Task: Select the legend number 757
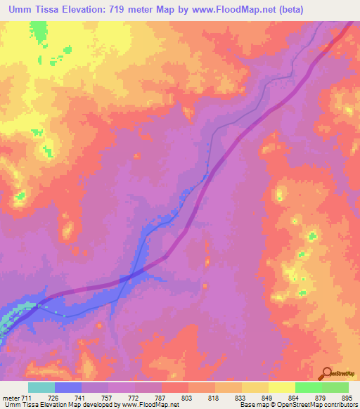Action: click(x=108, y=398)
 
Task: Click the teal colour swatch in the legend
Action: click(x=41, y=387)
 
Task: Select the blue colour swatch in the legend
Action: click(x=68, y=387)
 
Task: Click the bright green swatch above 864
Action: click(x=308, y=387)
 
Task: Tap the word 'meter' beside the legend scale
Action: click(x=12, y=398)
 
